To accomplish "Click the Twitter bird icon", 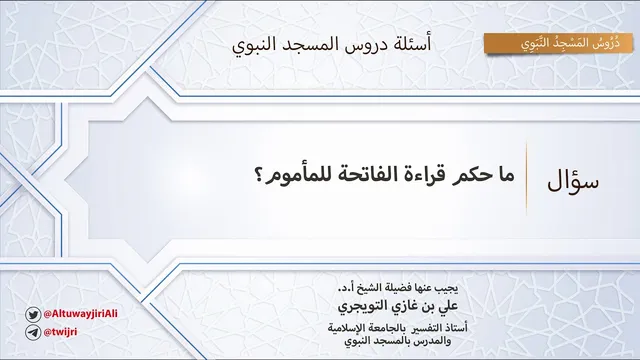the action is click(33, 315).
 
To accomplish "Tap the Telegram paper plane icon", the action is click(33, 332).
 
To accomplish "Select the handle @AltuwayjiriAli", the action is click(80, 313).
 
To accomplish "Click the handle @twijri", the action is click(60, 332).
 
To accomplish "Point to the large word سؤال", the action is click(573, 181).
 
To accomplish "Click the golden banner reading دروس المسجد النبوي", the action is click(558, 43).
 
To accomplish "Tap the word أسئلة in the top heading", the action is click(412, 44).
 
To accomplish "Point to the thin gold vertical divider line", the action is click(526, 178).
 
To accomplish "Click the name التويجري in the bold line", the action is click(359, 306).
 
